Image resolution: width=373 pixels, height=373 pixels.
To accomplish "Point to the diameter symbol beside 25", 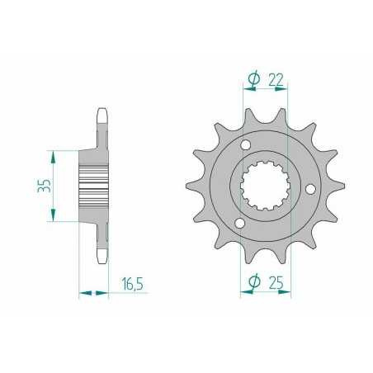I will point(253,283).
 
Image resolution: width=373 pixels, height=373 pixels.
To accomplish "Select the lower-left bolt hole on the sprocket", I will point(240,224).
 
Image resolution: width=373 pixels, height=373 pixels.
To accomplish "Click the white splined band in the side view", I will point(94,186).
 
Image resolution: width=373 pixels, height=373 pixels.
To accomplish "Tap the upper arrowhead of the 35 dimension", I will point(54,154).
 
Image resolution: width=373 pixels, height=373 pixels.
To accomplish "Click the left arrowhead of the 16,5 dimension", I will point(83,290).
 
